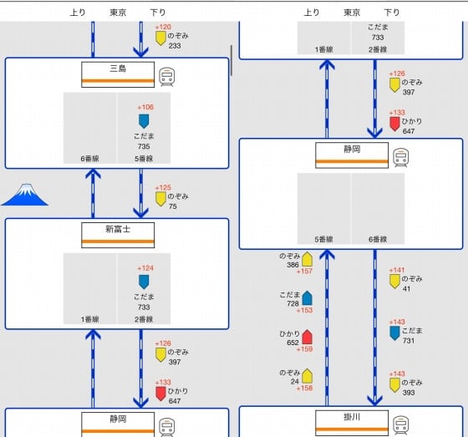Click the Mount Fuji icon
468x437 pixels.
point(25,195)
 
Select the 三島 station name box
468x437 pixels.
point(118,74)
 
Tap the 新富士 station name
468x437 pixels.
point(118,229)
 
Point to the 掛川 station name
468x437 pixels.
point(352,417)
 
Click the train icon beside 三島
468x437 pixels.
point(166,77)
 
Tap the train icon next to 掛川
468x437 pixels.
point(400,425)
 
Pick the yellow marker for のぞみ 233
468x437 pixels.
point(160,38)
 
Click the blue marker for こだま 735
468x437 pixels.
point(144,121)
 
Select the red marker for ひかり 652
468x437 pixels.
point(308,337)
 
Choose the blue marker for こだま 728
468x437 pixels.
point(308,298)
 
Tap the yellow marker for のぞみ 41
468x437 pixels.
point(394,282)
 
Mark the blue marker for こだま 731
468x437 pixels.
point(394,333)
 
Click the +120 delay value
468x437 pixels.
point(163,27)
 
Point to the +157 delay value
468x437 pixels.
point(304,271)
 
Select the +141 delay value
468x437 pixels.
point(397,270)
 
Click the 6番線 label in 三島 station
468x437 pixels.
point(89,159)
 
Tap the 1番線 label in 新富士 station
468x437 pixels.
point(89,319)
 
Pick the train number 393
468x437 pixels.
point(409,393)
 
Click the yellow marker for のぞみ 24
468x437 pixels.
point(308,376)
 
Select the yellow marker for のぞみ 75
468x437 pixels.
point(160,199)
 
